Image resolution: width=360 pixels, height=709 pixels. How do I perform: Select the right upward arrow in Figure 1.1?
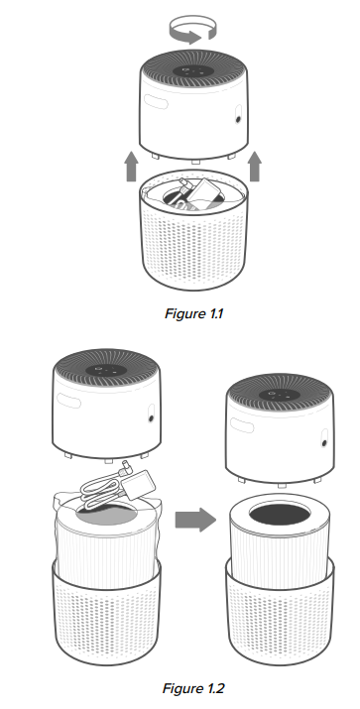(254, 167)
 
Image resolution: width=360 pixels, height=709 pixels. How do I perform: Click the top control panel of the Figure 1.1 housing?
(194, 70)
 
